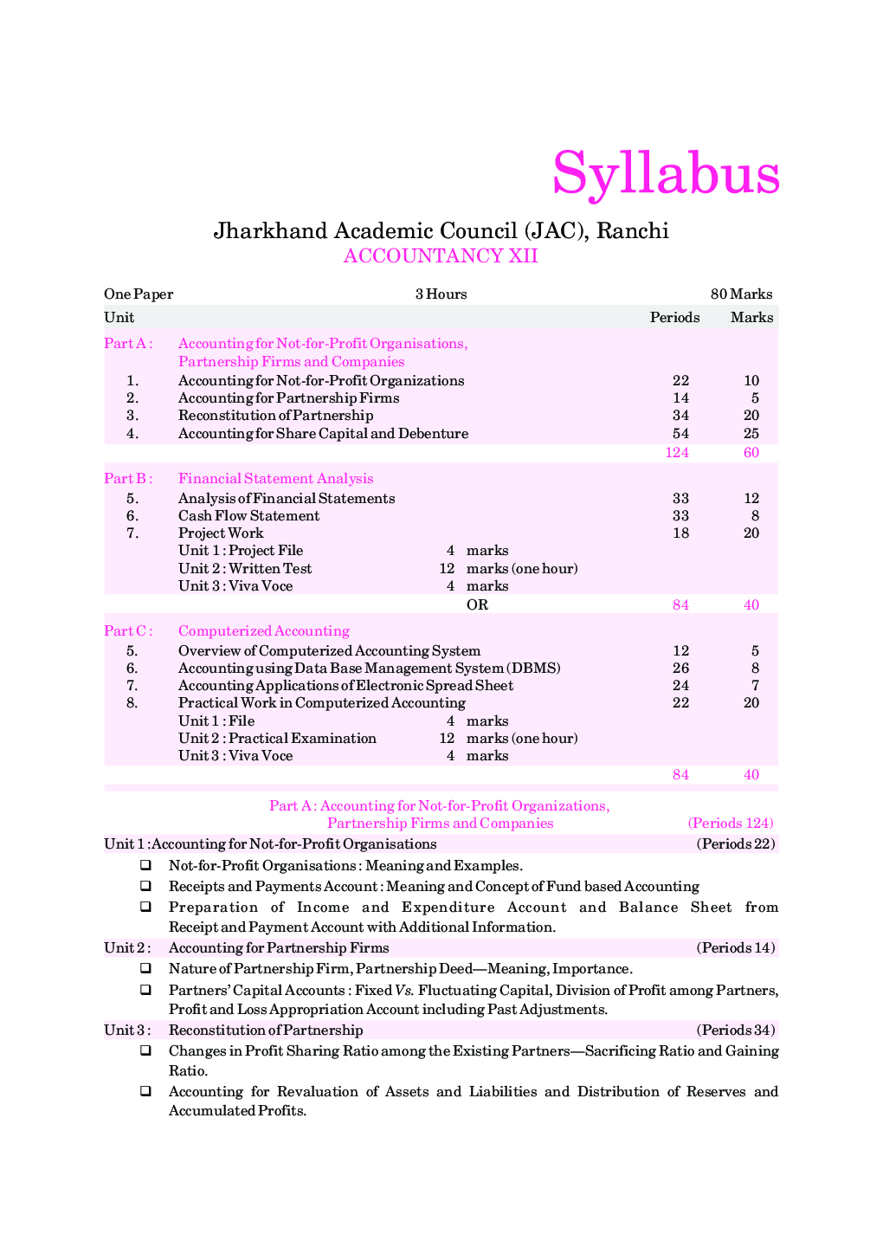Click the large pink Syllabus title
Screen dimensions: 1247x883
tap(666, 173)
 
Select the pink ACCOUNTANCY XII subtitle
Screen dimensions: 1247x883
tap(441, 256)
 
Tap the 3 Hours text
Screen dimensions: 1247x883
tap(441, 294)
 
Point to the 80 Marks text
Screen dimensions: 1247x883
tap(741, 294)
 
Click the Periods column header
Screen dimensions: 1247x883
tap(674, 318)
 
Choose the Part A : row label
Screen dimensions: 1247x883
tap(128, 344)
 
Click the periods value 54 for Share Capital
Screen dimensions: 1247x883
tap(680, 434)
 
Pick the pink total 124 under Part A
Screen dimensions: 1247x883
tap(677, 453)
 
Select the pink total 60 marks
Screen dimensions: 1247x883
tap(751, 453)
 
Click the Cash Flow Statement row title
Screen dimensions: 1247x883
tap(248, 516)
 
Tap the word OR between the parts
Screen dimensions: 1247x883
tap(477, 605)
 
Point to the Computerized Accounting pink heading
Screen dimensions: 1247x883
tap(264, 631)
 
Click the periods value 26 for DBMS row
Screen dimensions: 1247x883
tap(680, 669)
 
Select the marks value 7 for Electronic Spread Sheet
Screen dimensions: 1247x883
tap(755, 686)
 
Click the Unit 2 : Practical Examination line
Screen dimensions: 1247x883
tap(277, 739)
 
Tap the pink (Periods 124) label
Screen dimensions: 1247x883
tap(731, 824)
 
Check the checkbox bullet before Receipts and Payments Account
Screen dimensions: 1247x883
tap(146, 886)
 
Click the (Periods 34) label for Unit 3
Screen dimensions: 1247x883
tap(735, 1031)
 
